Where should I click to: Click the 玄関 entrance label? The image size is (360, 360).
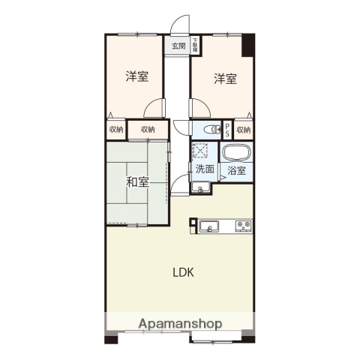(x=178, y=46)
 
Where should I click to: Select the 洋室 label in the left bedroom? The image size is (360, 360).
(x=135, y=76)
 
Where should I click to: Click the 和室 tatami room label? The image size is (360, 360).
(x=136, y=181)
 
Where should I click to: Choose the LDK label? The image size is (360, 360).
(x=184, y=272)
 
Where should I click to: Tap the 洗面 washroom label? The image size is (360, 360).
(x=205, y=169)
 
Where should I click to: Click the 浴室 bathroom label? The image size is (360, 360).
(x=236, y=170)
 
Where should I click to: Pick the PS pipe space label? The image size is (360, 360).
(x=228, y=129)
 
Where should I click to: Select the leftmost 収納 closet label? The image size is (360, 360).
(x=115, y=130)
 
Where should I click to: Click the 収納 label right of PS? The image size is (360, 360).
(x=244, y=130)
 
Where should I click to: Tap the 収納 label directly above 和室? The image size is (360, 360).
(x=147, y=130)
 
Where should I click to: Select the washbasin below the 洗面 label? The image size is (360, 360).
(x=200, y=187)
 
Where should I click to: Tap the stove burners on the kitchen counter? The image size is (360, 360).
(x=243, y=225)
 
